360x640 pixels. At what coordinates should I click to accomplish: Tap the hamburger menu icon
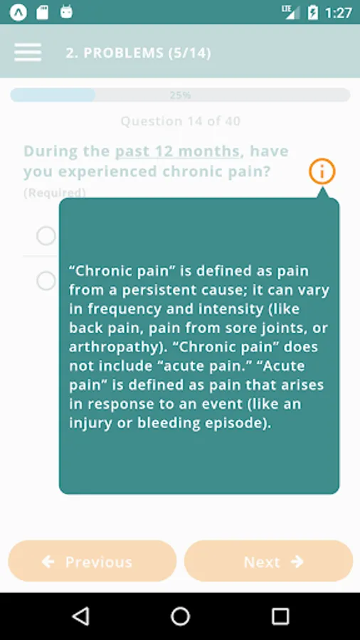(x=28, y=52)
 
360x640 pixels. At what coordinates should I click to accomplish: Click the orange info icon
(x=322, y=171)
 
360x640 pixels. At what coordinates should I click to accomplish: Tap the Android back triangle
(x=81, y=616)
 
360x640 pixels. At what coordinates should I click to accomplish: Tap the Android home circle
(x=180, y=616)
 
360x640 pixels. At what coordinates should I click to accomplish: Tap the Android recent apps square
(x=280, y=616)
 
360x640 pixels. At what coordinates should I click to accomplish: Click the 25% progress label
(x=180, y=95)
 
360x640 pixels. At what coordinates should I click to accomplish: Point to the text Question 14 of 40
(x=181, y=121)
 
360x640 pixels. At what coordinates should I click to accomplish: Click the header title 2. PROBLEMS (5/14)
(x=138, y=53)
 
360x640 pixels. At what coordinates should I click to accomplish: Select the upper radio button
(x=46, y=235)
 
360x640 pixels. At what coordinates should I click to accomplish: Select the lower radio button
(x=46, y=281)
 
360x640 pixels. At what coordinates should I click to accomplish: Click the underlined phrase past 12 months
(x=177, y=151)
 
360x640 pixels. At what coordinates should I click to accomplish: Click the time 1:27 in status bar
(x=339, y=13)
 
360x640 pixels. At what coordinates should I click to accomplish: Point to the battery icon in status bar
(x=312, y=12)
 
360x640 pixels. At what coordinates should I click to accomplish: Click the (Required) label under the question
(x=55, y=193)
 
